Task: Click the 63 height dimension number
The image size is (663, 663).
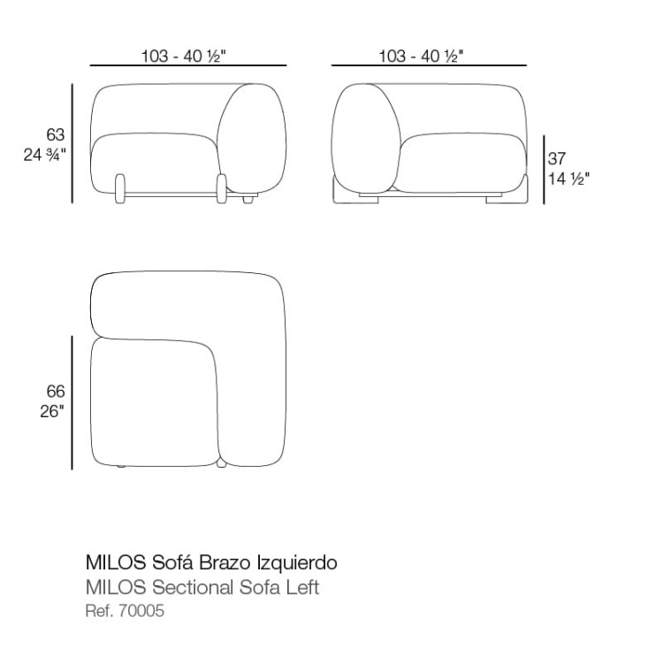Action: tap(56, 135)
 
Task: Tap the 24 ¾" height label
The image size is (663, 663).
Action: tap(45, 156)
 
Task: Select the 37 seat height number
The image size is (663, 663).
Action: tap(557, 158)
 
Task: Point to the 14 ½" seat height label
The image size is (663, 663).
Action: tap(568, 179)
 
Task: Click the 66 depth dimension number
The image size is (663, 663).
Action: tap(56, 392)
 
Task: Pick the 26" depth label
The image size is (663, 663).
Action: tap(52, 411)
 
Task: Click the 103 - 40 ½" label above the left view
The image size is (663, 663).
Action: tap(184, 56)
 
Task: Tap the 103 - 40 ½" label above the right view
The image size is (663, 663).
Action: tap(421, 56)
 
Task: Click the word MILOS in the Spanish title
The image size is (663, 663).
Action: tap(116, 563)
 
